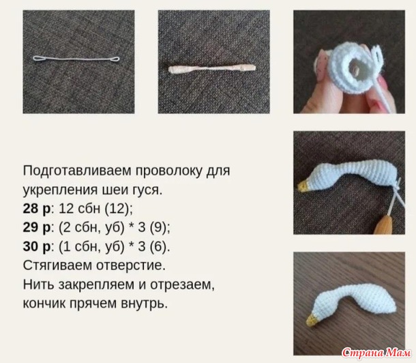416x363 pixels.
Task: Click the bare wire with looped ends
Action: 76,59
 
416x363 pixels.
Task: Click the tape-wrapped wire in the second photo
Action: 212,68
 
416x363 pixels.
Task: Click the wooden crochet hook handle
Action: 383,225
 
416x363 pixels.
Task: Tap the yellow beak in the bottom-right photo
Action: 312,320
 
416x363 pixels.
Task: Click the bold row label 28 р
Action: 36,209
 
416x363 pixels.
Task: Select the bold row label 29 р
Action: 36,228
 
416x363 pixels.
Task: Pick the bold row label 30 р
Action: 36,246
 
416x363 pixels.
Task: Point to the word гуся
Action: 145,190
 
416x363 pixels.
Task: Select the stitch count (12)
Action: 118,209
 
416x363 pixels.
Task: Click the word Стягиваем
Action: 57,265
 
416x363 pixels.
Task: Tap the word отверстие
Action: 131,265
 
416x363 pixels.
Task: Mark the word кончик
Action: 44,304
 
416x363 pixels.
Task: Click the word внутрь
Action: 145,304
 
